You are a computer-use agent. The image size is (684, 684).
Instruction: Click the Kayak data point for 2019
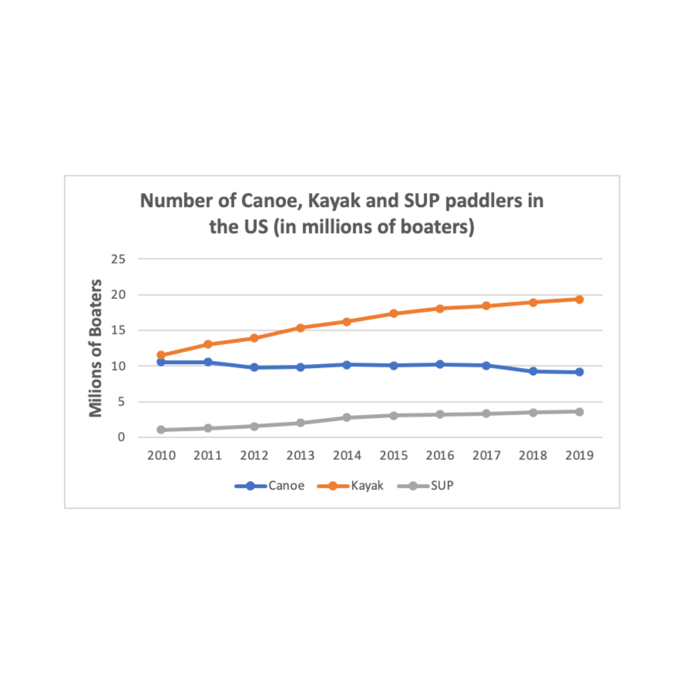[x=579, y=300]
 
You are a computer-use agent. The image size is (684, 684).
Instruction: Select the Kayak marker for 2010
[x=161, y=355]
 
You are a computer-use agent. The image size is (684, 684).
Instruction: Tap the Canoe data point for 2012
[x=254, y=367]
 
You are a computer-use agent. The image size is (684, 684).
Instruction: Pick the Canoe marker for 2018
[x=533, y=371]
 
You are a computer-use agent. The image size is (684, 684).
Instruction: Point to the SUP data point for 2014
[x=347, y=417]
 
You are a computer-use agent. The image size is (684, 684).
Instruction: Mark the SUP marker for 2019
[x=579, y=412]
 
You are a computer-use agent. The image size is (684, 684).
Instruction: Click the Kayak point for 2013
[x=300, y=328]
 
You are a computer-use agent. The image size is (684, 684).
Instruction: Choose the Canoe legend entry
[x=270, y=486]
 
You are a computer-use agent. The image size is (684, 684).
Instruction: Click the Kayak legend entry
[x=355, y=486]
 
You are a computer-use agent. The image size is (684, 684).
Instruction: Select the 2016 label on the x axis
[x=440, y=456]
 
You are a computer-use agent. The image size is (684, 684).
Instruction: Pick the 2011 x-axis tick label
[x=208, y=456]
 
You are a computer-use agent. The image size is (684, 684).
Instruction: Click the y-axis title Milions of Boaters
[x=96, y=348]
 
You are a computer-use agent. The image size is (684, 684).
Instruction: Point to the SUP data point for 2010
[x=161, y=430]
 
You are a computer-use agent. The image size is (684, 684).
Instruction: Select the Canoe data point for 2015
[x=393, y=365]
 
